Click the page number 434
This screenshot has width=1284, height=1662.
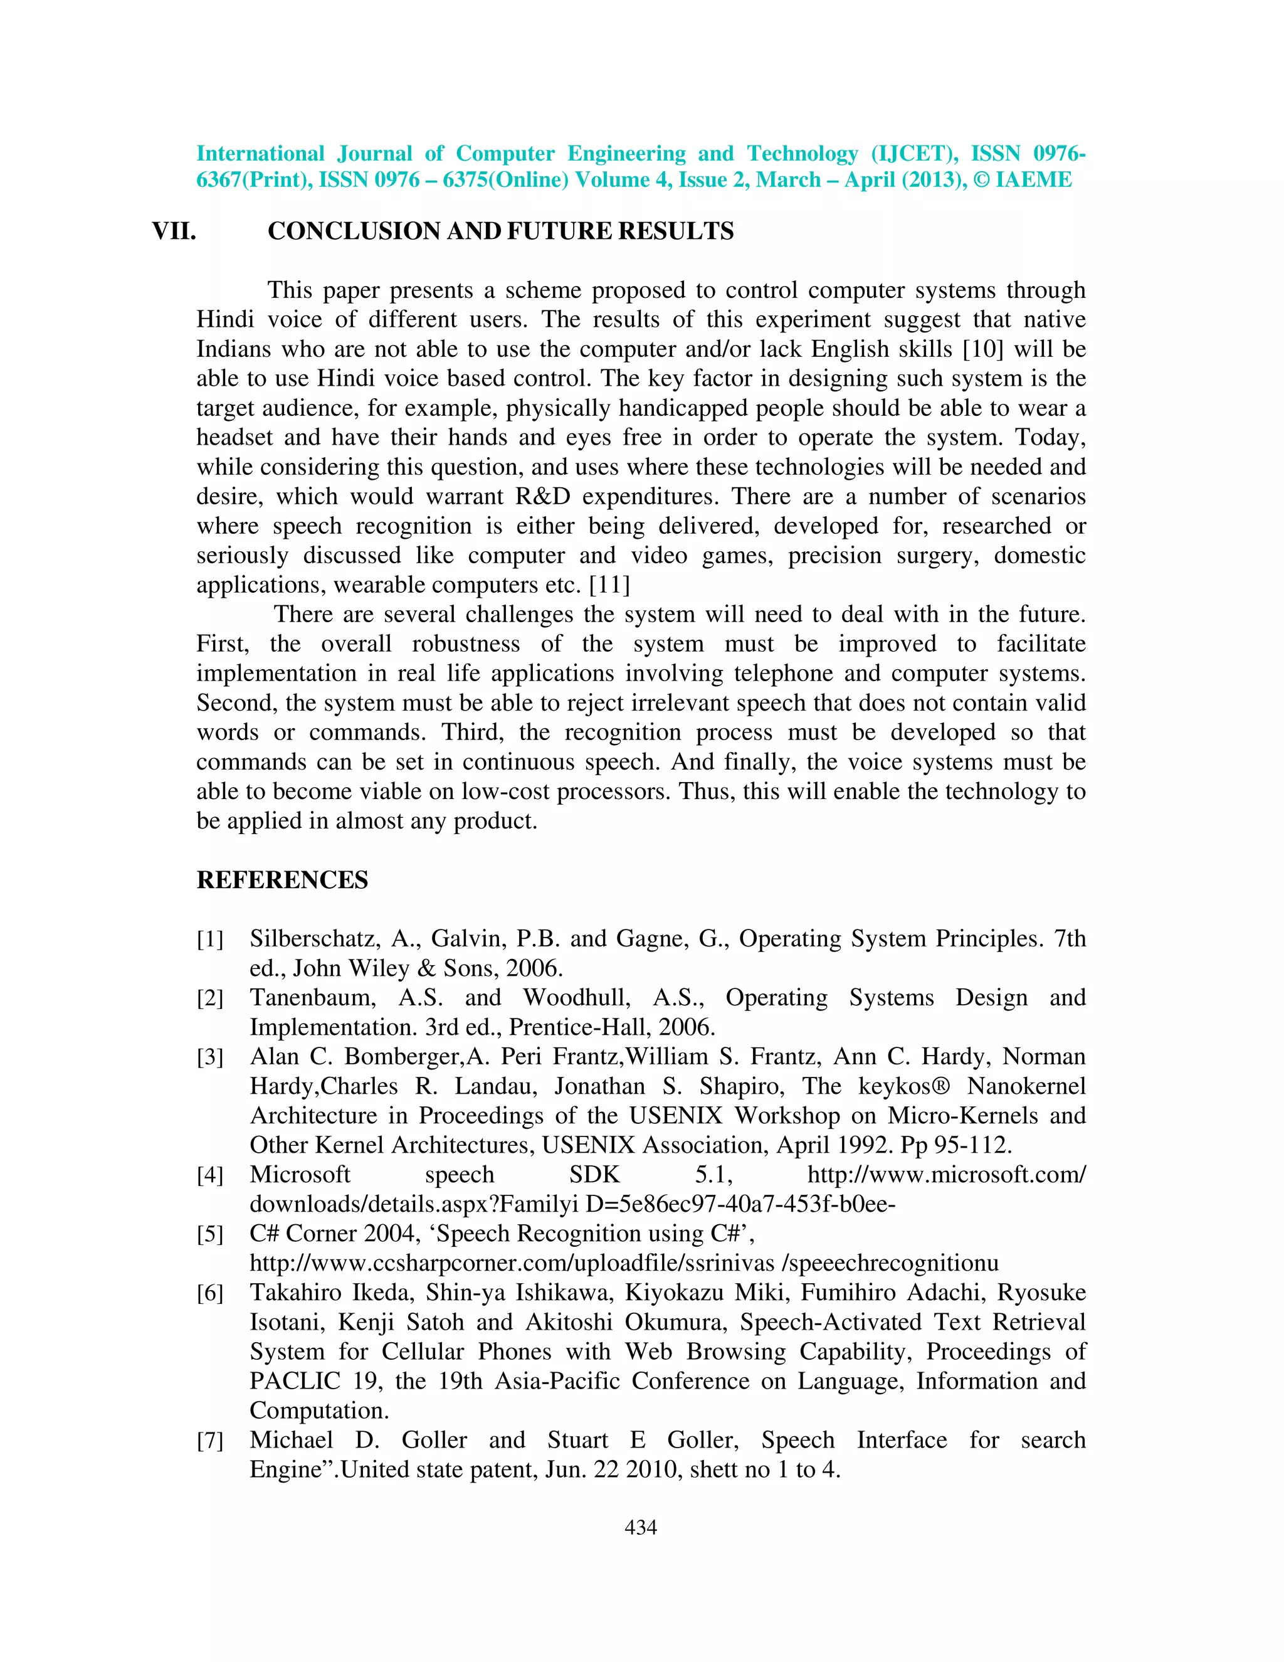tap(641, 1527)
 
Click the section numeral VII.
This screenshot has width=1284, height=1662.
tap(174, 231)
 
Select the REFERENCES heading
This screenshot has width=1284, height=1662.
tap(282, 880)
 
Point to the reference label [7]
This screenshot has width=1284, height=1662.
tap(210, 1441)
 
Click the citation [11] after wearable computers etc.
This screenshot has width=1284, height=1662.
tap(609, 585)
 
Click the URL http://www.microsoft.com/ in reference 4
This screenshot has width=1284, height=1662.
tap(946, 1175)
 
